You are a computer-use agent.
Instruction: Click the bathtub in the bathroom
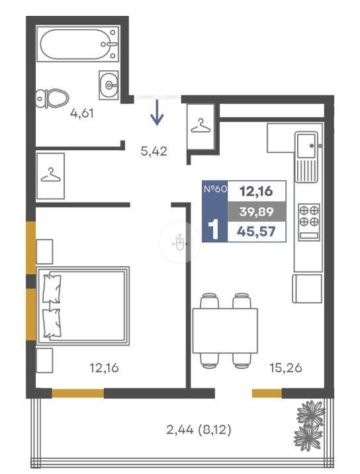click(77, 44)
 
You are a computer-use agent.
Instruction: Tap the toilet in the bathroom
click(52, 98)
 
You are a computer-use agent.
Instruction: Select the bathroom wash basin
click(109, 85)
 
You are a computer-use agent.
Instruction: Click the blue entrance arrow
click(157, 113)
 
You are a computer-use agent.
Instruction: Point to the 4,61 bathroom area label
click(82, 113)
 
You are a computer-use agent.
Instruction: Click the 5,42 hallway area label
click(154, 151)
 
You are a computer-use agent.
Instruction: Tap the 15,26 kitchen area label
click(286, 368)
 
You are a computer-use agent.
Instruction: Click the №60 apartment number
click(215, 189)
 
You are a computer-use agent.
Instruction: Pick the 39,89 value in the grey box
click(256, 212)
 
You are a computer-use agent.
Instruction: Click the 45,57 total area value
click(256, 232)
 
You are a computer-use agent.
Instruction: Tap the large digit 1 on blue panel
click(214, 230)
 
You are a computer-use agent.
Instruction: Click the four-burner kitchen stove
click(309, 222)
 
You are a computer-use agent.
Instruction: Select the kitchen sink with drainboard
click(306, 157)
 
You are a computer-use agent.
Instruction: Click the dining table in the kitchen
click(225, 330)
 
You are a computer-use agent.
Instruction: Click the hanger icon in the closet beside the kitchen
click(201, 126)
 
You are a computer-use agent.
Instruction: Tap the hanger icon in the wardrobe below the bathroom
click(50, 175)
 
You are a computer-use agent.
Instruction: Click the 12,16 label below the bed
click(104, 368)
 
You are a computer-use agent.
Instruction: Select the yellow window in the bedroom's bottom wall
click(78, 393)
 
